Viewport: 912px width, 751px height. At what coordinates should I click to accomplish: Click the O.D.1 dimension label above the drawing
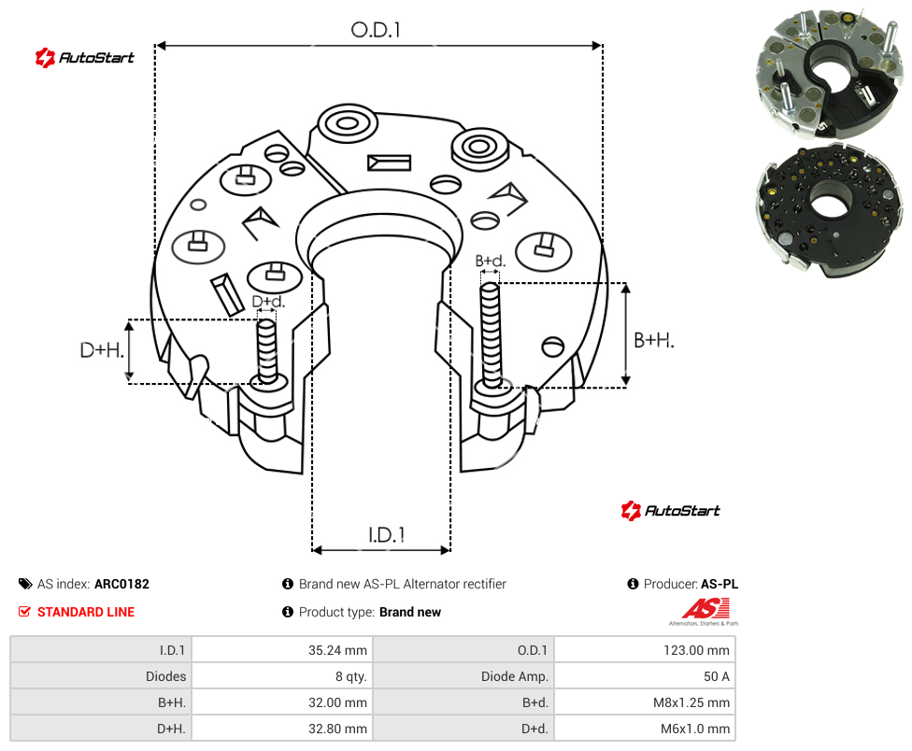pos(376,30)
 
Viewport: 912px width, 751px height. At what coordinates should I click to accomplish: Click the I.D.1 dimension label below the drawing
pos(387,535)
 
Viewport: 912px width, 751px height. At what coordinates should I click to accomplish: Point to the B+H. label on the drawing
pos(654,340)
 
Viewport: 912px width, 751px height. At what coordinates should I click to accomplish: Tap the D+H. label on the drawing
pos(102,350)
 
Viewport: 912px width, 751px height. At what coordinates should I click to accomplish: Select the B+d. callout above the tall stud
pos(491,261)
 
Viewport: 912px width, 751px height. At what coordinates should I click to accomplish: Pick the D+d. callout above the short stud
pos(268,302)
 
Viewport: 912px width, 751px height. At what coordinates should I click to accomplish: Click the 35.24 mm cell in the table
pos(337,650)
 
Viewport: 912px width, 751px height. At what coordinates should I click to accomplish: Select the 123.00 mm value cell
pos(696,650)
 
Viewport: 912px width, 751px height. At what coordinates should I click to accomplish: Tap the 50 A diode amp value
pos(717,676)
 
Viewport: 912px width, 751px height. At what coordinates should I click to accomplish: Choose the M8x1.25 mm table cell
pos(691,702)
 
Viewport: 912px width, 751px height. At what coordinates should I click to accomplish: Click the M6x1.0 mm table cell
pos(695,729)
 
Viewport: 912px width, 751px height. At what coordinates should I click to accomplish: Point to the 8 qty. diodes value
pos(350,676)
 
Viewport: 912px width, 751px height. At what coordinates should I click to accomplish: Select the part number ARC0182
pos(121,584)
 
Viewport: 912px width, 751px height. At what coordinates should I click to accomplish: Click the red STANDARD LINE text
pos(86,612)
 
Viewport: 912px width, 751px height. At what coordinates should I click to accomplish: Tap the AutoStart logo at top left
pos(84,58)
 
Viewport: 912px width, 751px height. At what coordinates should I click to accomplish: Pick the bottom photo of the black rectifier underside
pos(829,212)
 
